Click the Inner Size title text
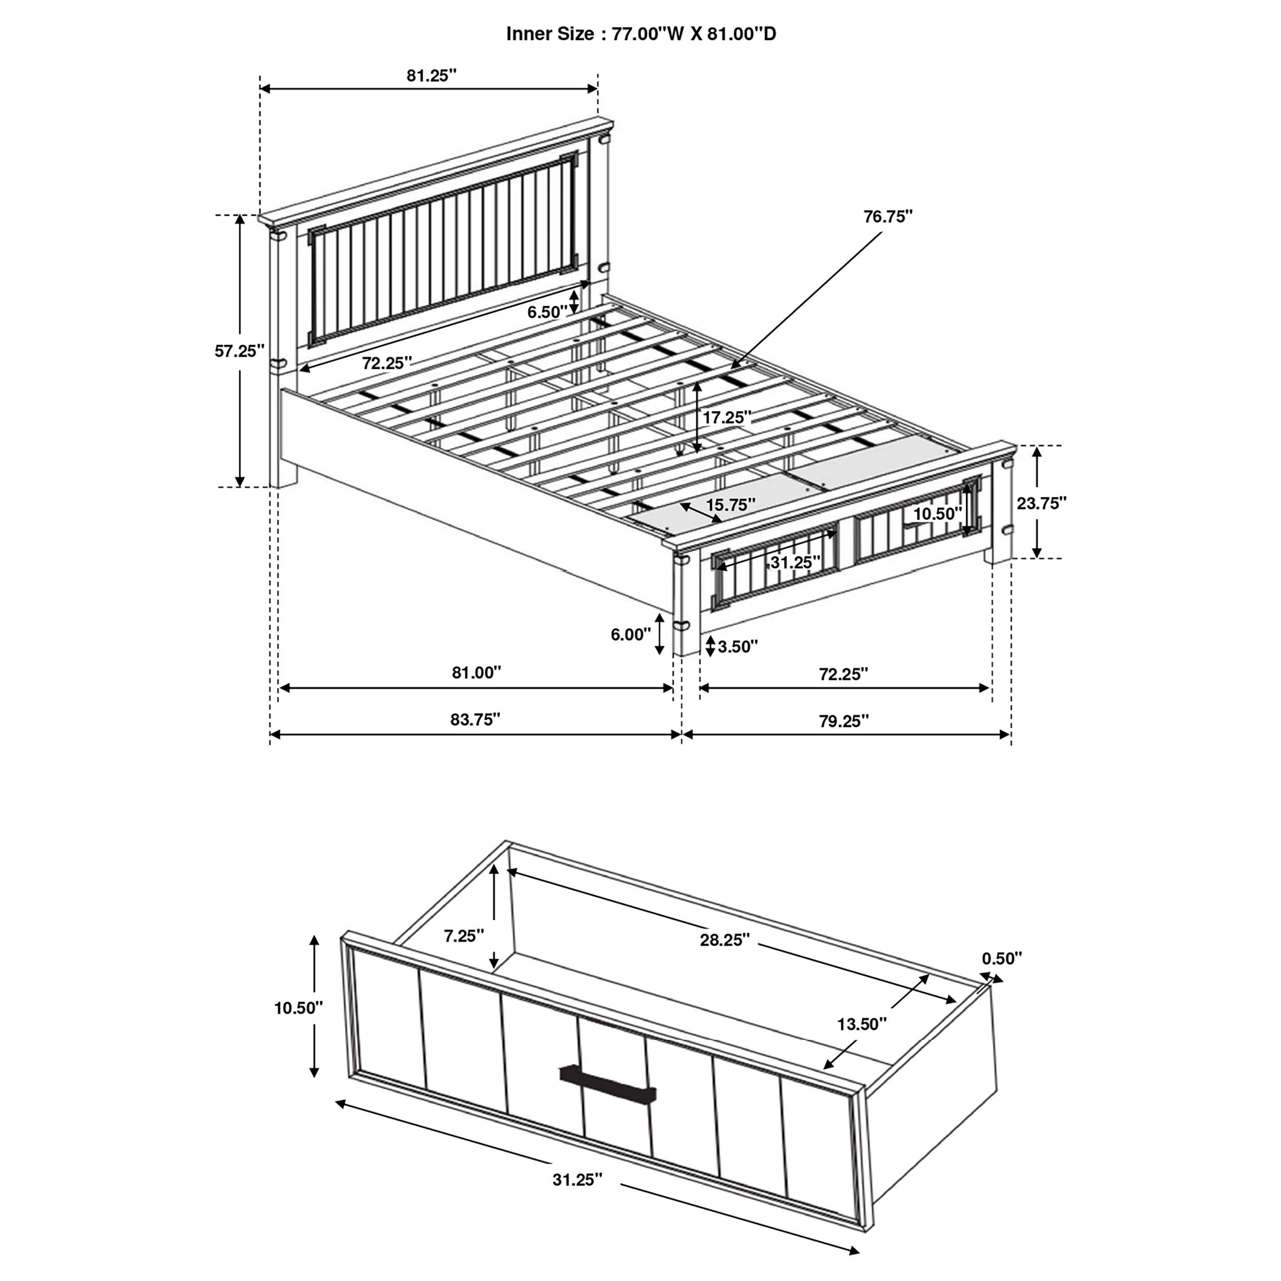coord(640,34)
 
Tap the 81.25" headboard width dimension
coord(431,76)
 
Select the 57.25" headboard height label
coord(239,352)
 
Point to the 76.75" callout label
coord(888,217)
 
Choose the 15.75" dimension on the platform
coord(730,505)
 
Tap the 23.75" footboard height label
coord(1042,503)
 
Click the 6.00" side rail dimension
coord(631,634)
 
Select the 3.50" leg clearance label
coord(737,647)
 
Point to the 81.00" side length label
coord(476,673)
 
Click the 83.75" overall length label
coord(475,719)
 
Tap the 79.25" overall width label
coord(843,721)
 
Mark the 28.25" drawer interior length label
coord(725,940)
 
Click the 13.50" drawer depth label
coord(861,1024)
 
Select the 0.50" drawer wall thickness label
coord(1002,958)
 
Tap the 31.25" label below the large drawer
coord(577,1180)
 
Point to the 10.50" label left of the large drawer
coord(298,1008)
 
